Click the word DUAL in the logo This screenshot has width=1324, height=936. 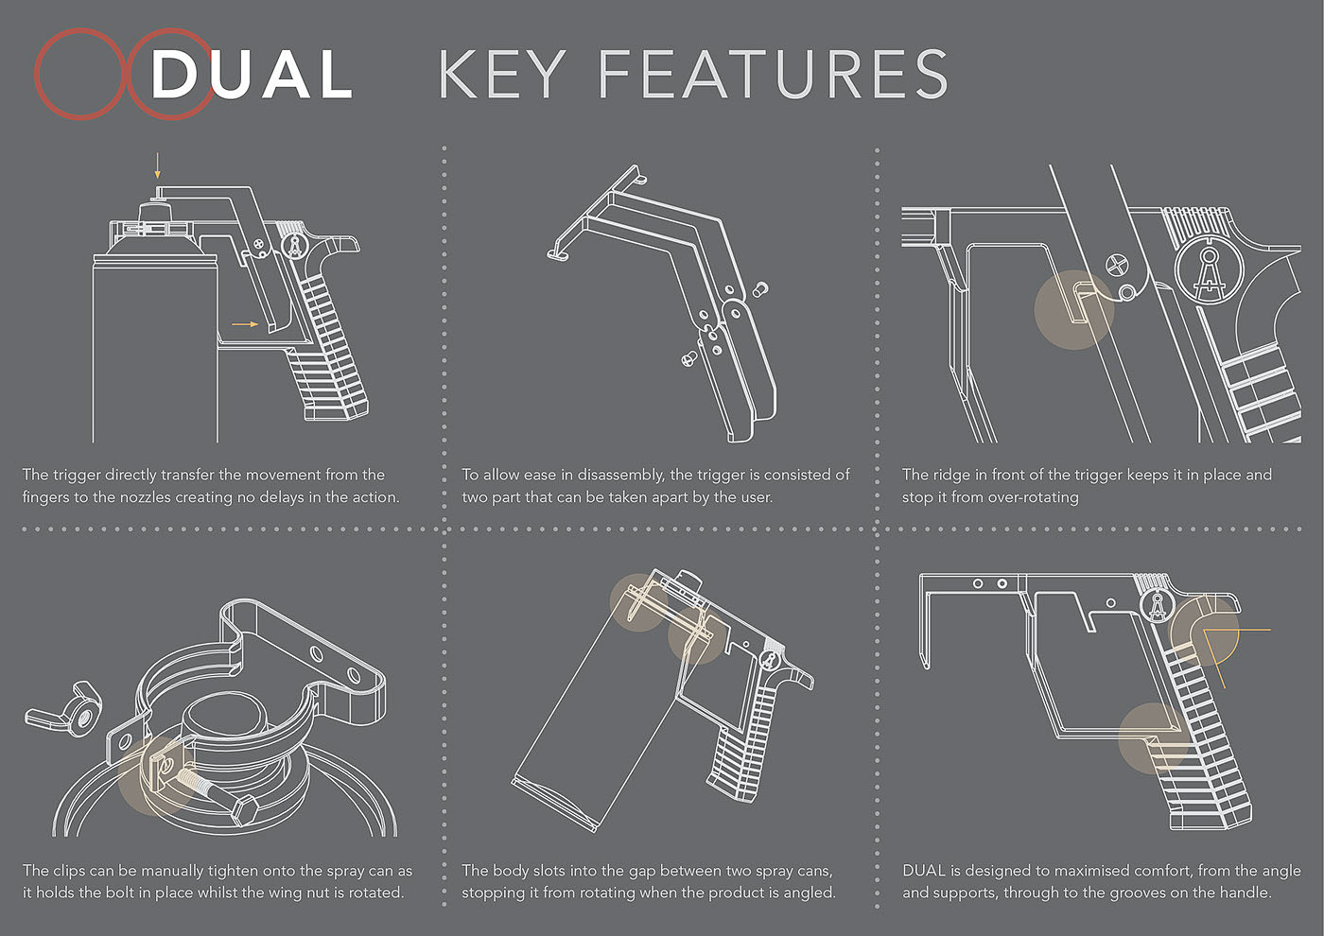pyautogui.click(x=252, y=74)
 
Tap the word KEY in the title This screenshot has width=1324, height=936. pyautogui.click(x=501, y=74)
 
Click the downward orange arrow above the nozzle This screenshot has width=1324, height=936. pyautogui.click(x=157, y=165)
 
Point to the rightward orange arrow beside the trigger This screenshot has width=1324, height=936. pyautogui.click(x=245, y=323)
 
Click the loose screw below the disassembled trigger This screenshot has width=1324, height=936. pyautogui.click(x=689, y=357)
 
